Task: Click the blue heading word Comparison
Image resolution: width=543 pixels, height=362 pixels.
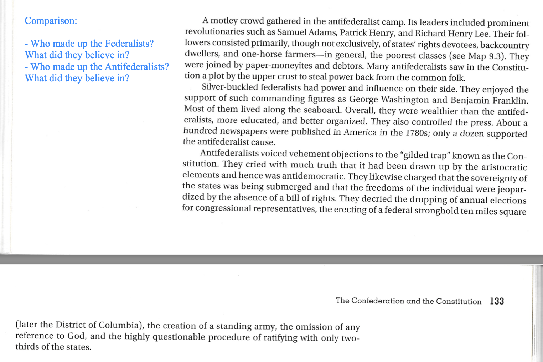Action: click(x=50, y=21)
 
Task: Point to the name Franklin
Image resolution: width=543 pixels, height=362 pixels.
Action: click(x=510, y=101)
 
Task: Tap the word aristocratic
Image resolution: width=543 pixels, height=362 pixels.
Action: click(x=504, y=167)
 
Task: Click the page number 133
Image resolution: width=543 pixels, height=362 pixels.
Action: click(x=497, y=301)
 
